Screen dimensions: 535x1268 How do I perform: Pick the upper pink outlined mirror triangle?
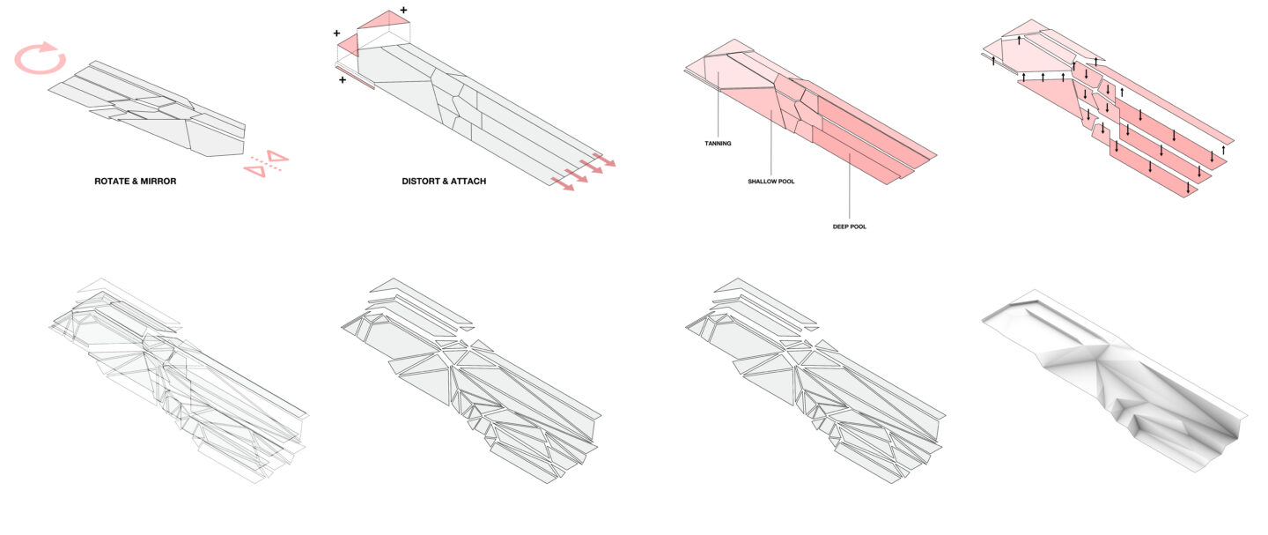pos(278,157)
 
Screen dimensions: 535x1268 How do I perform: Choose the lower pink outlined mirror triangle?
pos(254,170)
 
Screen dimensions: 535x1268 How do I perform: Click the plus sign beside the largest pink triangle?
pos(403,11)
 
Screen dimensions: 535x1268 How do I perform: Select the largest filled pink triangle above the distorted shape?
pos(384,21)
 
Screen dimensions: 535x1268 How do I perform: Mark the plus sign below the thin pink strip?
pos(342,80)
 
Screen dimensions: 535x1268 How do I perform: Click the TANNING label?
pos(718,143)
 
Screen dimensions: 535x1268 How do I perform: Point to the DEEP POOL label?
pos(849,227)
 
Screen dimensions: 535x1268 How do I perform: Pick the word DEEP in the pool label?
pos(840,227)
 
